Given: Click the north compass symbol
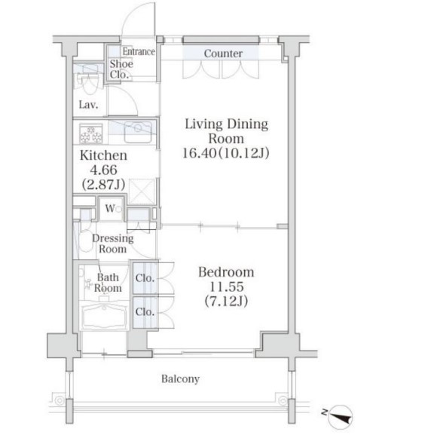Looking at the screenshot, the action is [x=340, y=417].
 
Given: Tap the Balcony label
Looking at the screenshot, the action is [x=180, y=378].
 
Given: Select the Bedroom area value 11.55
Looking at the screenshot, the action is [x=226, y=286].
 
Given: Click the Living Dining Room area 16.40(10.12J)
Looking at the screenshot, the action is [x=226, y=153].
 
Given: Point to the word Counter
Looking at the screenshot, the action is [x=223, y=54].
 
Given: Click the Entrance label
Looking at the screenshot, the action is [x=139, y=51].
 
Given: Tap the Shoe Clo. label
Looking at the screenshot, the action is [x=121, y=69].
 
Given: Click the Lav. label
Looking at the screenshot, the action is [x=88, y=105].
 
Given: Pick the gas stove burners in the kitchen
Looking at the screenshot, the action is [x=91, y=134].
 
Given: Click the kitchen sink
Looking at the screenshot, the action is [x=138, y=132].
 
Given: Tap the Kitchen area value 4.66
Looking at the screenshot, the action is [x=103, y=170].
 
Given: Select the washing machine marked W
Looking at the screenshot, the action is [x=111, y=209].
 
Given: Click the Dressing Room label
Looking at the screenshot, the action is [x=112, y=244].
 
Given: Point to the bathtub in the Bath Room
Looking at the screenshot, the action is [x=104, y=317].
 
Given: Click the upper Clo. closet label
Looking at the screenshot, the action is [x=145, y=278].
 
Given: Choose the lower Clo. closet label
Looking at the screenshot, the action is [x=145, y=311].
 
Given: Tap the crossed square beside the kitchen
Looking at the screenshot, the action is [x=142, y=191].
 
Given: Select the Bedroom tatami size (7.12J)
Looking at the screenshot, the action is [x=226, y=301].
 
